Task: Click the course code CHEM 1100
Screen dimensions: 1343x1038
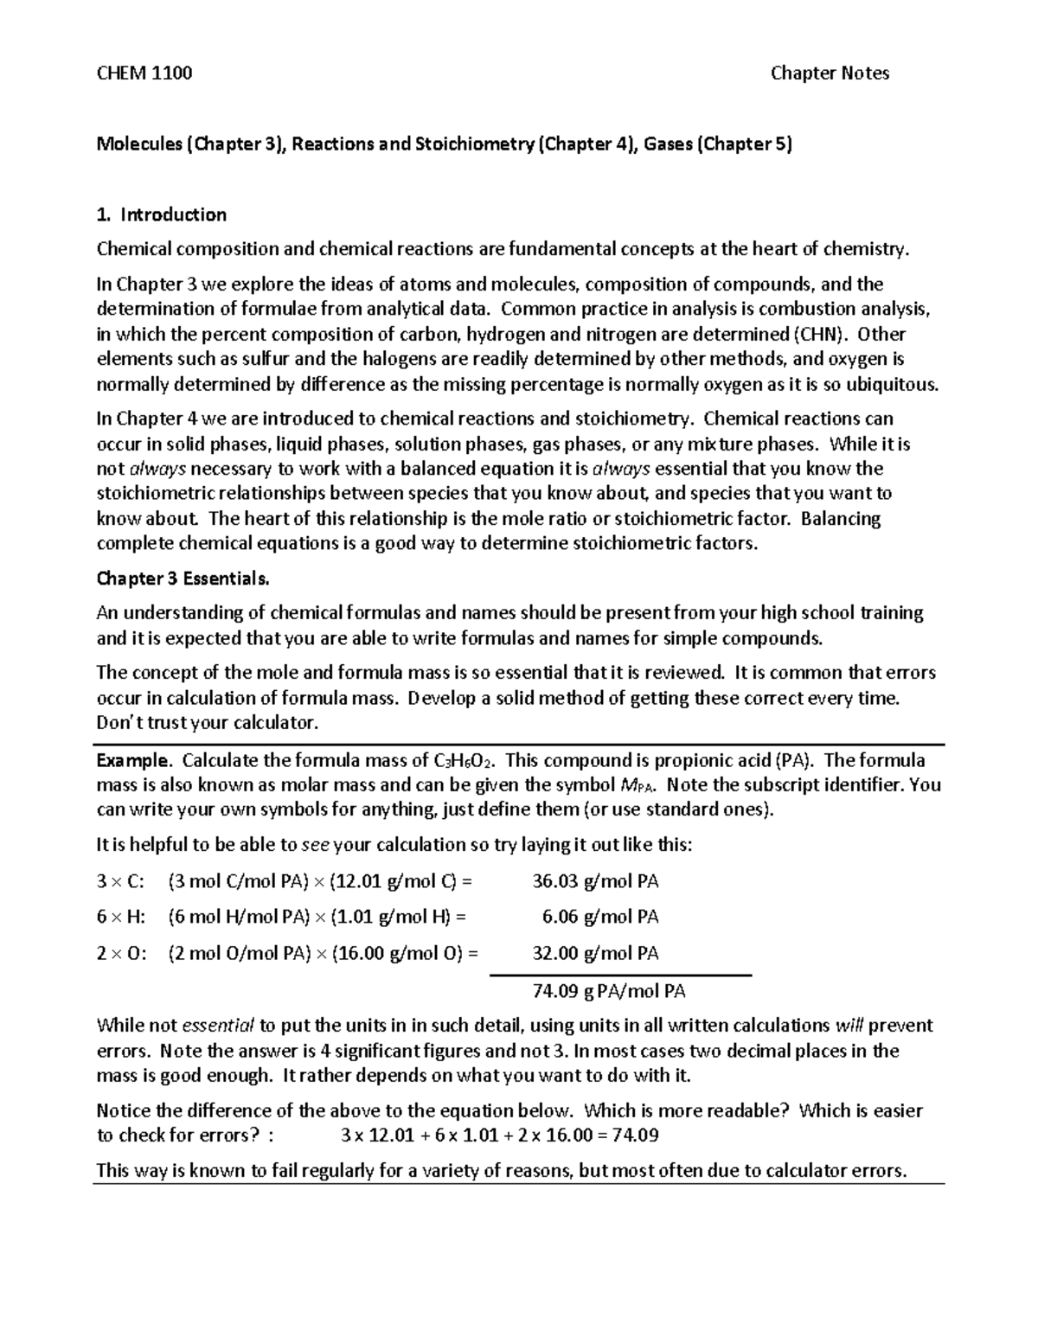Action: pyautogui.click(x=144, y=74)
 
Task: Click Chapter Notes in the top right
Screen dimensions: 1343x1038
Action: pyautogui.click(x=830, y=74)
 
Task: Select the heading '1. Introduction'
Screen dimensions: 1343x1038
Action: pyautogui.click(x=162, y=214)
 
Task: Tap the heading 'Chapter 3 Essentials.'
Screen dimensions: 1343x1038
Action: pyautogui.click(x=183, y=579)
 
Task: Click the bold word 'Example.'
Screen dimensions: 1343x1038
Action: pyautogui.click(x=134, y=761)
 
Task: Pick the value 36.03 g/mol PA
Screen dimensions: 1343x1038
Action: pyautogui.click(x=595, y=882)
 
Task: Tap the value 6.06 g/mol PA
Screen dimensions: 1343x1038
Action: pyautogui.click(x=600, y=918)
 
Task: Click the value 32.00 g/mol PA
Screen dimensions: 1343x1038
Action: pyautogui.click(x=595, y=954)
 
